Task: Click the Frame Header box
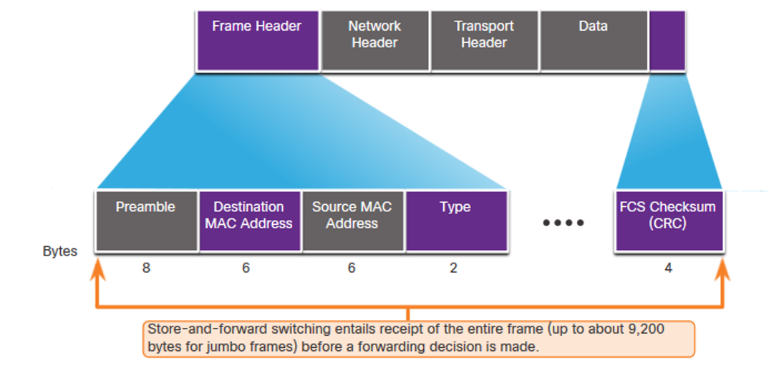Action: (258, 41)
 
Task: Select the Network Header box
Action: (375, 41)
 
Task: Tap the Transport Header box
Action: (484, 41)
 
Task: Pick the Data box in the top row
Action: (594, 41)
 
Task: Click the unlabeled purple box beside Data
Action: (667, 41)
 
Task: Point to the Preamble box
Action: (147, 221)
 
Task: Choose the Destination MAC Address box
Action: (250, 221)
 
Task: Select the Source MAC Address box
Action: (353, 221)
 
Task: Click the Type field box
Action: (457, 221)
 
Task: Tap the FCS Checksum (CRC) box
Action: (669, 221)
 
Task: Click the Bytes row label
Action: (60, 252)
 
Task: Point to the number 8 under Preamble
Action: (146, 268)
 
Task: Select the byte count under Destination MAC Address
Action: (246, 268)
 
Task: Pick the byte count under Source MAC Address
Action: (351, 268)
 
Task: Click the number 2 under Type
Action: (453, 268)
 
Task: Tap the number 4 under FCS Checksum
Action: (668, 268)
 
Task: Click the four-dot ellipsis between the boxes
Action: (564, 223)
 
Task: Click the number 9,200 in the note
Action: (647, 329)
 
